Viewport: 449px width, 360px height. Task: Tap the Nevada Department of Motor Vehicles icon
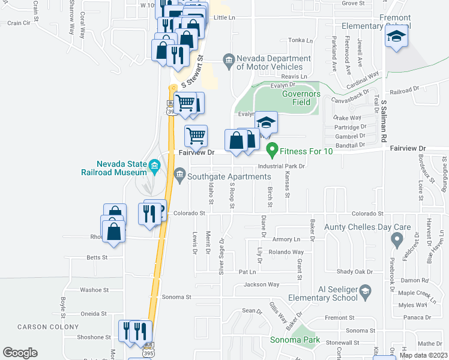(x=228, y=59)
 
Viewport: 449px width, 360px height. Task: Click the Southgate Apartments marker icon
(x=179, y=175)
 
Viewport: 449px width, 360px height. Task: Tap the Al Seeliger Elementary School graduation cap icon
(x=364, y=293)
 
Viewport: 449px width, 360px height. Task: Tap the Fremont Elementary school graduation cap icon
(x=396, y=38)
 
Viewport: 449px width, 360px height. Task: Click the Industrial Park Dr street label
(x=282, y=166)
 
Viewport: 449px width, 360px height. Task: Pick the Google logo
(x=20, y=353)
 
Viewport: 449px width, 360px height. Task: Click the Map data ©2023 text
(x=423, y=355)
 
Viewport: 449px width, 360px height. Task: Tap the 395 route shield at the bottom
(x=147, y=354)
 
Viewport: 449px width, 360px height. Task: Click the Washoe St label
(x=94, y=290)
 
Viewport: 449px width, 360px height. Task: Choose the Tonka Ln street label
(x=301, y=41)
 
